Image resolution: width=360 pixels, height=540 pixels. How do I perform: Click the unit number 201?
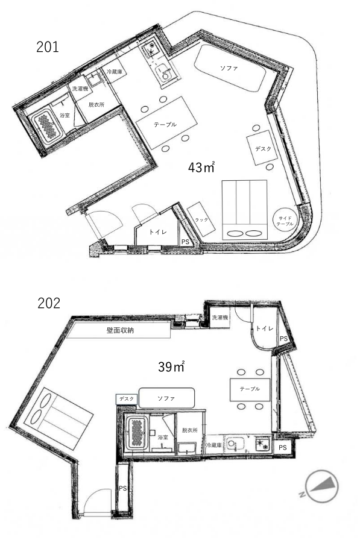pyautogui.click(x=48, y=47)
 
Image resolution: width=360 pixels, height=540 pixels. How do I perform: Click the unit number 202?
pyautogui.click(x=49, y=303)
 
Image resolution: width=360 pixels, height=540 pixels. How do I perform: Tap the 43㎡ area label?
pyautogui.click(x=201, y=168)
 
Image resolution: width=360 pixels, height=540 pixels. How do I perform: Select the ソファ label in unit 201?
pyautogui.click(x=229, y=68)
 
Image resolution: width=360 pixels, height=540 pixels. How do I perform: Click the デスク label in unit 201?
pyautogui.click(x=263, y=149)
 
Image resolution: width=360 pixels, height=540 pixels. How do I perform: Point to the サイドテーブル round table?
pyautogui.click(x=286, y=221)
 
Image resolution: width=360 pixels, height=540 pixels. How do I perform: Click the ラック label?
pyautogui.click(x=201, y=220)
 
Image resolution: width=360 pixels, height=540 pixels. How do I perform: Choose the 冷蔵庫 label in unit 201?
pyautogui.click(x=115, y=72)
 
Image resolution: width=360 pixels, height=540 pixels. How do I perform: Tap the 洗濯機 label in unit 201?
pyautogui.click(x=80, y=89)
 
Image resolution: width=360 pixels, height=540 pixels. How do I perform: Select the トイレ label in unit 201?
pyautogui.click(x=158, y=232)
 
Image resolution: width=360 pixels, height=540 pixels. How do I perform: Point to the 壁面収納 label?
pyautogui.click(x=119, y=330)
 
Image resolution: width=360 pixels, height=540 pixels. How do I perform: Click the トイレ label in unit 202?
pyautogui.click(x=265, y=328)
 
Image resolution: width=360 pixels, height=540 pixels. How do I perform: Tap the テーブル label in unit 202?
pyautogui.click(x=250, y=389)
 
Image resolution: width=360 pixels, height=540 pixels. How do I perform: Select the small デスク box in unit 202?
pyautogui.click(x=127, y=399)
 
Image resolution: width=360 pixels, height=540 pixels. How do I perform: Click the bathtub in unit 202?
pyautogui.click(x=137, y=433)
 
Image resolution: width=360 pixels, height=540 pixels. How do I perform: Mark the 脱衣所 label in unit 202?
pyautogui.click(x=190, y=430)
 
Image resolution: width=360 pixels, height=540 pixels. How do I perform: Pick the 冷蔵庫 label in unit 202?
pyautogui.click(x=214, y=445)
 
